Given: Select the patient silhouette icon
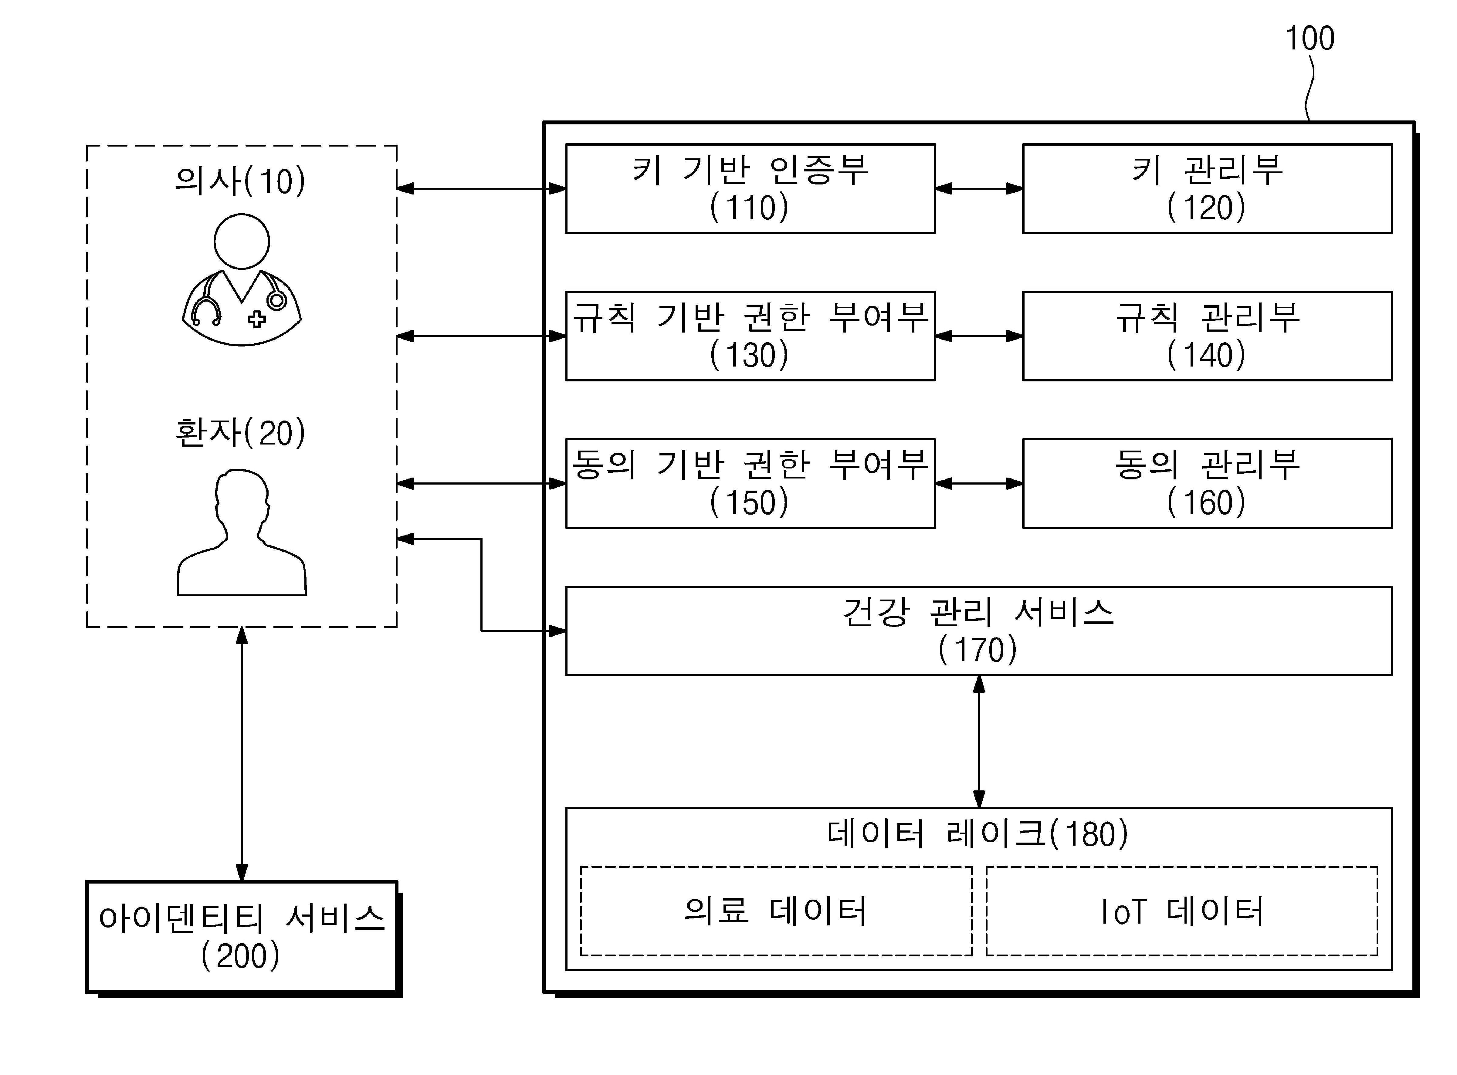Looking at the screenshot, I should (x=242, y=534).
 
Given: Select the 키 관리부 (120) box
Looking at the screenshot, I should (x=1207, y=189).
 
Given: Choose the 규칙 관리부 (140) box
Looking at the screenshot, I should (x=1207, y=336).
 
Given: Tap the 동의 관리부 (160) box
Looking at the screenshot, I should (x=1207, y=483).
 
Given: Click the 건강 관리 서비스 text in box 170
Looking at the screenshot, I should (x=978, y=613).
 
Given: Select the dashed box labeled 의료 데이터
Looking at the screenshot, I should (x=776, y=911).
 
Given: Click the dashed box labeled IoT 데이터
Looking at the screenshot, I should (x=1182, y=911).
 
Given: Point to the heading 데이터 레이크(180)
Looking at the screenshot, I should (x=978, y=833).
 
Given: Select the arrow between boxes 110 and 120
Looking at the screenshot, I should (x=979, y=189).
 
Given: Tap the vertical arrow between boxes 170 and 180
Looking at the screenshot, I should (x=979, y=742).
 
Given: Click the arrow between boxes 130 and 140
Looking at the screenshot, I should (x=979, y=336).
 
